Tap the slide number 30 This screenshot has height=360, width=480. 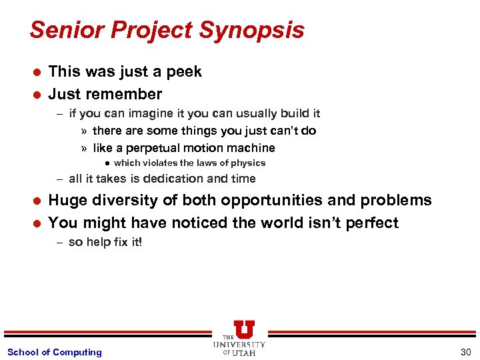tap(465, 352)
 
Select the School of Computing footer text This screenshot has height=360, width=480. tap(54, 352)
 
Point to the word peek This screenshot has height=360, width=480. tap(183, 72)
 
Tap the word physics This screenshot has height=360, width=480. tap(247, 163)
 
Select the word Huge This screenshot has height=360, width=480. tap(69, 201)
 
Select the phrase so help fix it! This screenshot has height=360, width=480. tap(105, 242)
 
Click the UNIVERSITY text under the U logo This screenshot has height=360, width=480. tap(239, 345)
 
